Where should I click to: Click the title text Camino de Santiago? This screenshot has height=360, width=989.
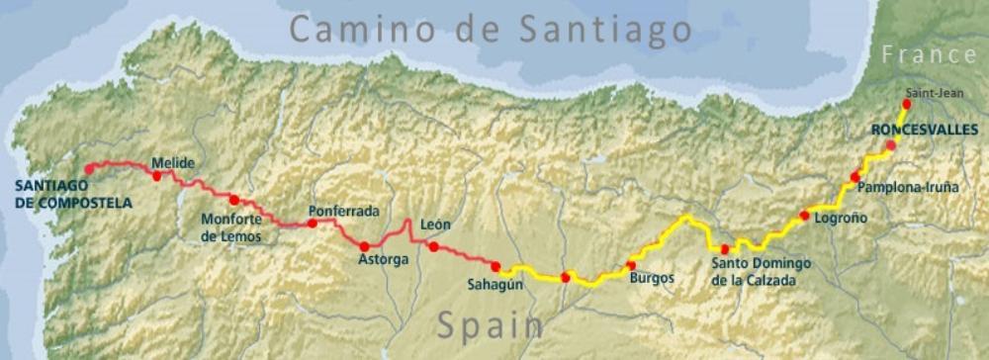490,29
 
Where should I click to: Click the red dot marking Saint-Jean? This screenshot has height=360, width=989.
907,104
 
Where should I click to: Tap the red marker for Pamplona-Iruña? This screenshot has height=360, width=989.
854,177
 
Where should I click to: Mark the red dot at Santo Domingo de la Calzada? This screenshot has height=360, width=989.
725,249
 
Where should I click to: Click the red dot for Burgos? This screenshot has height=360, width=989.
631,265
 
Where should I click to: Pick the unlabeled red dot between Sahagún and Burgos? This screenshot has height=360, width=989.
565,278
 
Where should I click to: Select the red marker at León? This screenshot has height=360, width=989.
434,246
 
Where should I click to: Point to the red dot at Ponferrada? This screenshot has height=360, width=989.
313,224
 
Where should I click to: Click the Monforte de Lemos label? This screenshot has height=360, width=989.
231,228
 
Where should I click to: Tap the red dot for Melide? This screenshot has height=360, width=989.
157,176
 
